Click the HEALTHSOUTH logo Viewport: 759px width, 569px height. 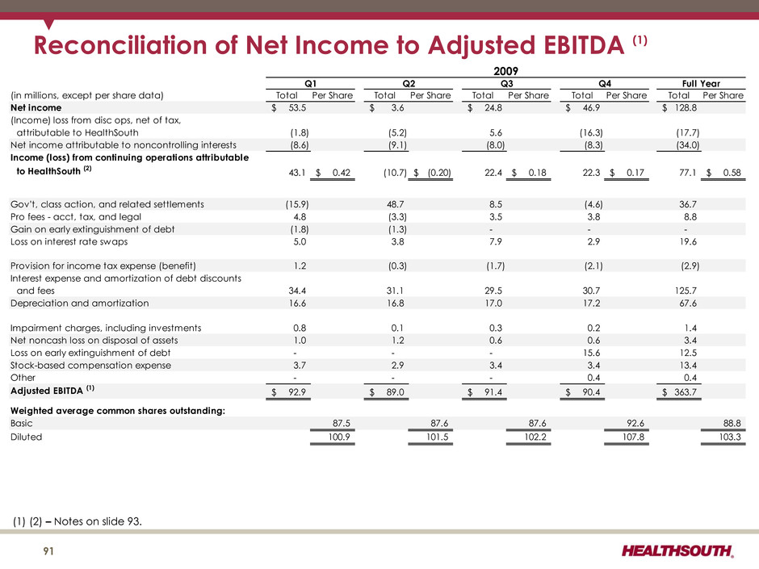[677, 550]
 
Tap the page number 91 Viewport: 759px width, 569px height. [48, 551]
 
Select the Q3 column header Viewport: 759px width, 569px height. [506, 83]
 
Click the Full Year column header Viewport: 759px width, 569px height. [701, 83]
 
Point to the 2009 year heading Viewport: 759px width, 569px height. [505, 71]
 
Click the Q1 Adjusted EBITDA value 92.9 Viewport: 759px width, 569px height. [296, 392]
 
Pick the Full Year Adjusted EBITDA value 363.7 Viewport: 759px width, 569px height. [686, 392]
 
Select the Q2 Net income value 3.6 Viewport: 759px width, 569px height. [397, 107]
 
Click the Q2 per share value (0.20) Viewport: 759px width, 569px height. [439, 173]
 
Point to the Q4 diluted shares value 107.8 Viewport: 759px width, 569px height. [633, 437]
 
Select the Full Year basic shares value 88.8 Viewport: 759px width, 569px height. [732, 423]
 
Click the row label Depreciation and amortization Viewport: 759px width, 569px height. [79, 303]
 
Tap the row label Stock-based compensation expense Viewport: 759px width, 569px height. [90, 366]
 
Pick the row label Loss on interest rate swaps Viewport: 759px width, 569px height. [69, 241]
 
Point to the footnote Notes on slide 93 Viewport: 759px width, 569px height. [98, 521]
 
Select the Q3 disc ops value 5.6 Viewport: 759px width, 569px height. [496, 132]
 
